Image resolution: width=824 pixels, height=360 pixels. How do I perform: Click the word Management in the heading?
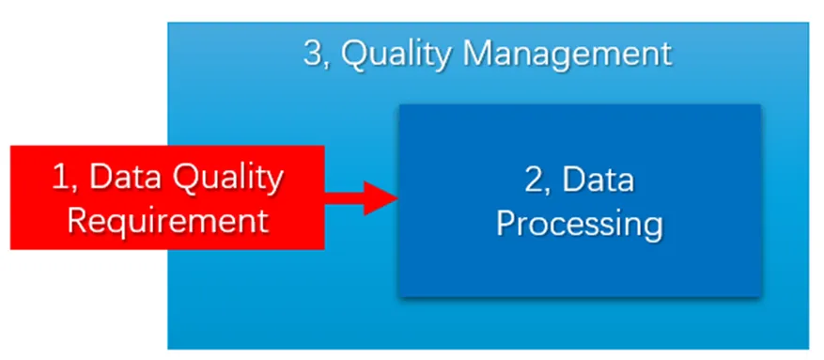(565, 54)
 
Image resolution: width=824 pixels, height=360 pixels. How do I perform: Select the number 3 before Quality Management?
(312, 53)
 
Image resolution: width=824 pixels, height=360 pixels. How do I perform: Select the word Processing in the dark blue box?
(580, 226)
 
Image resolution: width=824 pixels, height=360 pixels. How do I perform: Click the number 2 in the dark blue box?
(534, 180)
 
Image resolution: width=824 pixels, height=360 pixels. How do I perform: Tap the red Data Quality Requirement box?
(167, 197)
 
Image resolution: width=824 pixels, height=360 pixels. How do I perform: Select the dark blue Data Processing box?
(580, 199)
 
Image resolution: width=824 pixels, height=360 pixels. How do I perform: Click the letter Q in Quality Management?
(355, 54)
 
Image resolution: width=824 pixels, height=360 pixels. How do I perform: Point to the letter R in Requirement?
(77, 220)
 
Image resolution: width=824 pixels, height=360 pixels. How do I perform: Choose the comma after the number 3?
(327, 65)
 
